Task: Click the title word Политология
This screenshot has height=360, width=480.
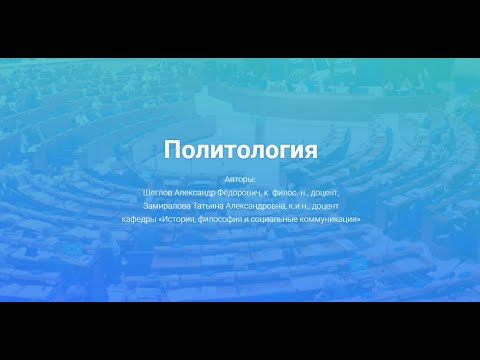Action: coord(240,150)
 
